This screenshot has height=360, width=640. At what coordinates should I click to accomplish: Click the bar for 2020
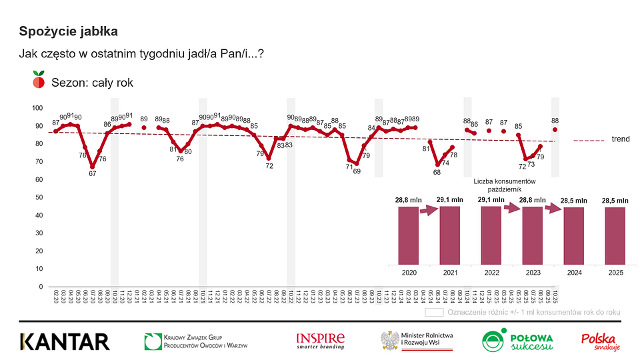click(409, 235)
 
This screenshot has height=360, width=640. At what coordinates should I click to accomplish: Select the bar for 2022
click(491, 235)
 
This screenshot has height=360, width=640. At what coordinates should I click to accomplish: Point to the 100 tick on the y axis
click(37, 108)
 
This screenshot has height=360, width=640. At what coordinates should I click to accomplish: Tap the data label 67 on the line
click(92, 174)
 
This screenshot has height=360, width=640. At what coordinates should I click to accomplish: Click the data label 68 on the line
click(437, 172)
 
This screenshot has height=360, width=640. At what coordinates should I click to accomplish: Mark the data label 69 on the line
click(357, 171)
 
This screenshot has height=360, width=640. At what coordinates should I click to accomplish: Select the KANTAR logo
click(64, 341)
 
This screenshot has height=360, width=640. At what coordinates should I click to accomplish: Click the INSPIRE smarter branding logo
click(321, 341)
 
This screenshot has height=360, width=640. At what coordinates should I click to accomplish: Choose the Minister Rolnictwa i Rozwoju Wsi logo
click(417, 341)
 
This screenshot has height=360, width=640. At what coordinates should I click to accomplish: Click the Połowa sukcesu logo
click(517, 341)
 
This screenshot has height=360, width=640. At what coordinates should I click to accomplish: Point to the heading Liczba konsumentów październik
click(505, 185)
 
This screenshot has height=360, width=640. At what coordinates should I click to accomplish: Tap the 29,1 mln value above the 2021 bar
click(450, 199)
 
